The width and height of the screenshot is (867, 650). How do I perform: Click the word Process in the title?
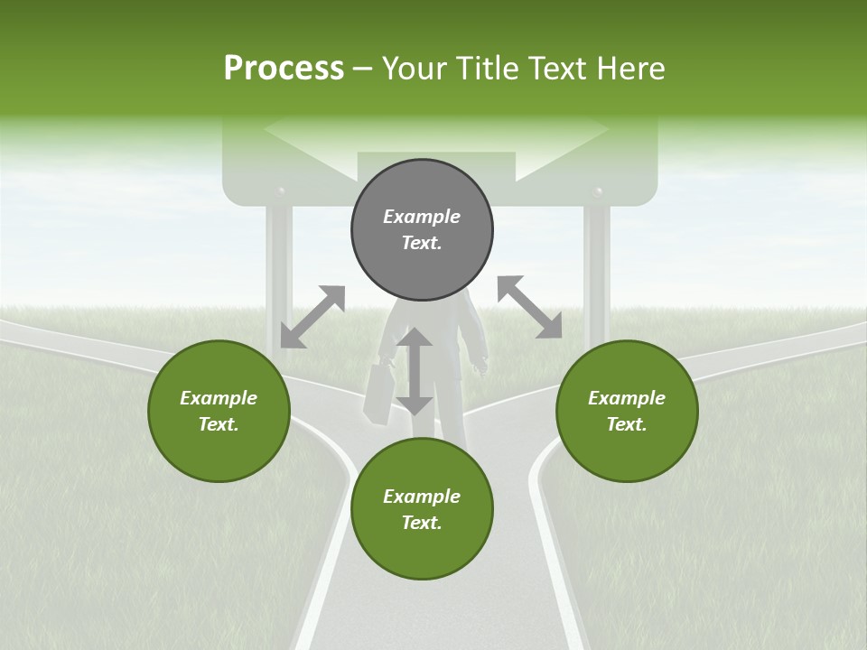point(284,69)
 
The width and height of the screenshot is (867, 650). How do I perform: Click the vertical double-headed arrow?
point(415,372)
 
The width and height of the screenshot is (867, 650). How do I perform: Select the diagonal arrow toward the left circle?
point(312,316)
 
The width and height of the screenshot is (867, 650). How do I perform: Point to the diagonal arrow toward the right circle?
point(529,307)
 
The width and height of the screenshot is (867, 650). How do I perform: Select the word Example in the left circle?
point(219,398)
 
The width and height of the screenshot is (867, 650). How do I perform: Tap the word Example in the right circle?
point(627,398)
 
